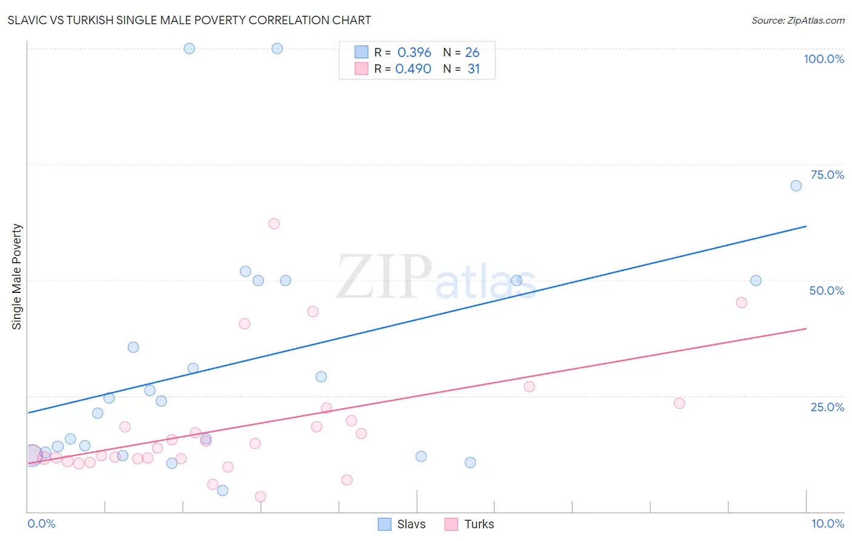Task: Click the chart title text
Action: pos(189,20)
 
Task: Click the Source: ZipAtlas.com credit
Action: pos(797,21)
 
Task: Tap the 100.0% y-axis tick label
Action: pos(824,59)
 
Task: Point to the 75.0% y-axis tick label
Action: pos(827,175)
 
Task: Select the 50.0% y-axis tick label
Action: pos(827,291)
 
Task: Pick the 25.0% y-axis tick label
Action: pos(827,407)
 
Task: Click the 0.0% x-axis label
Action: pos(41,523)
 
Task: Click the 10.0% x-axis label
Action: pos(827,523)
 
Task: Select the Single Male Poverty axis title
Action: pos(17,277)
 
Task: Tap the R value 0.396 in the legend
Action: pos(414,53)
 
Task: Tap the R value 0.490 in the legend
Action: pos(413,69)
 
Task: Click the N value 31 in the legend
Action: pos(473,69)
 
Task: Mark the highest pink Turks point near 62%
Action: pos(274,224)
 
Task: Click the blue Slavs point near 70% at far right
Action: pos(796,186)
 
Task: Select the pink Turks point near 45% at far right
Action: pos(741,303)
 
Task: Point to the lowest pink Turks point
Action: pos(261,497)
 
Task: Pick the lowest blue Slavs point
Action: pos(222,491)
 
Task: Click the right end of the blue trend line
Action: pos(806,226)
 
